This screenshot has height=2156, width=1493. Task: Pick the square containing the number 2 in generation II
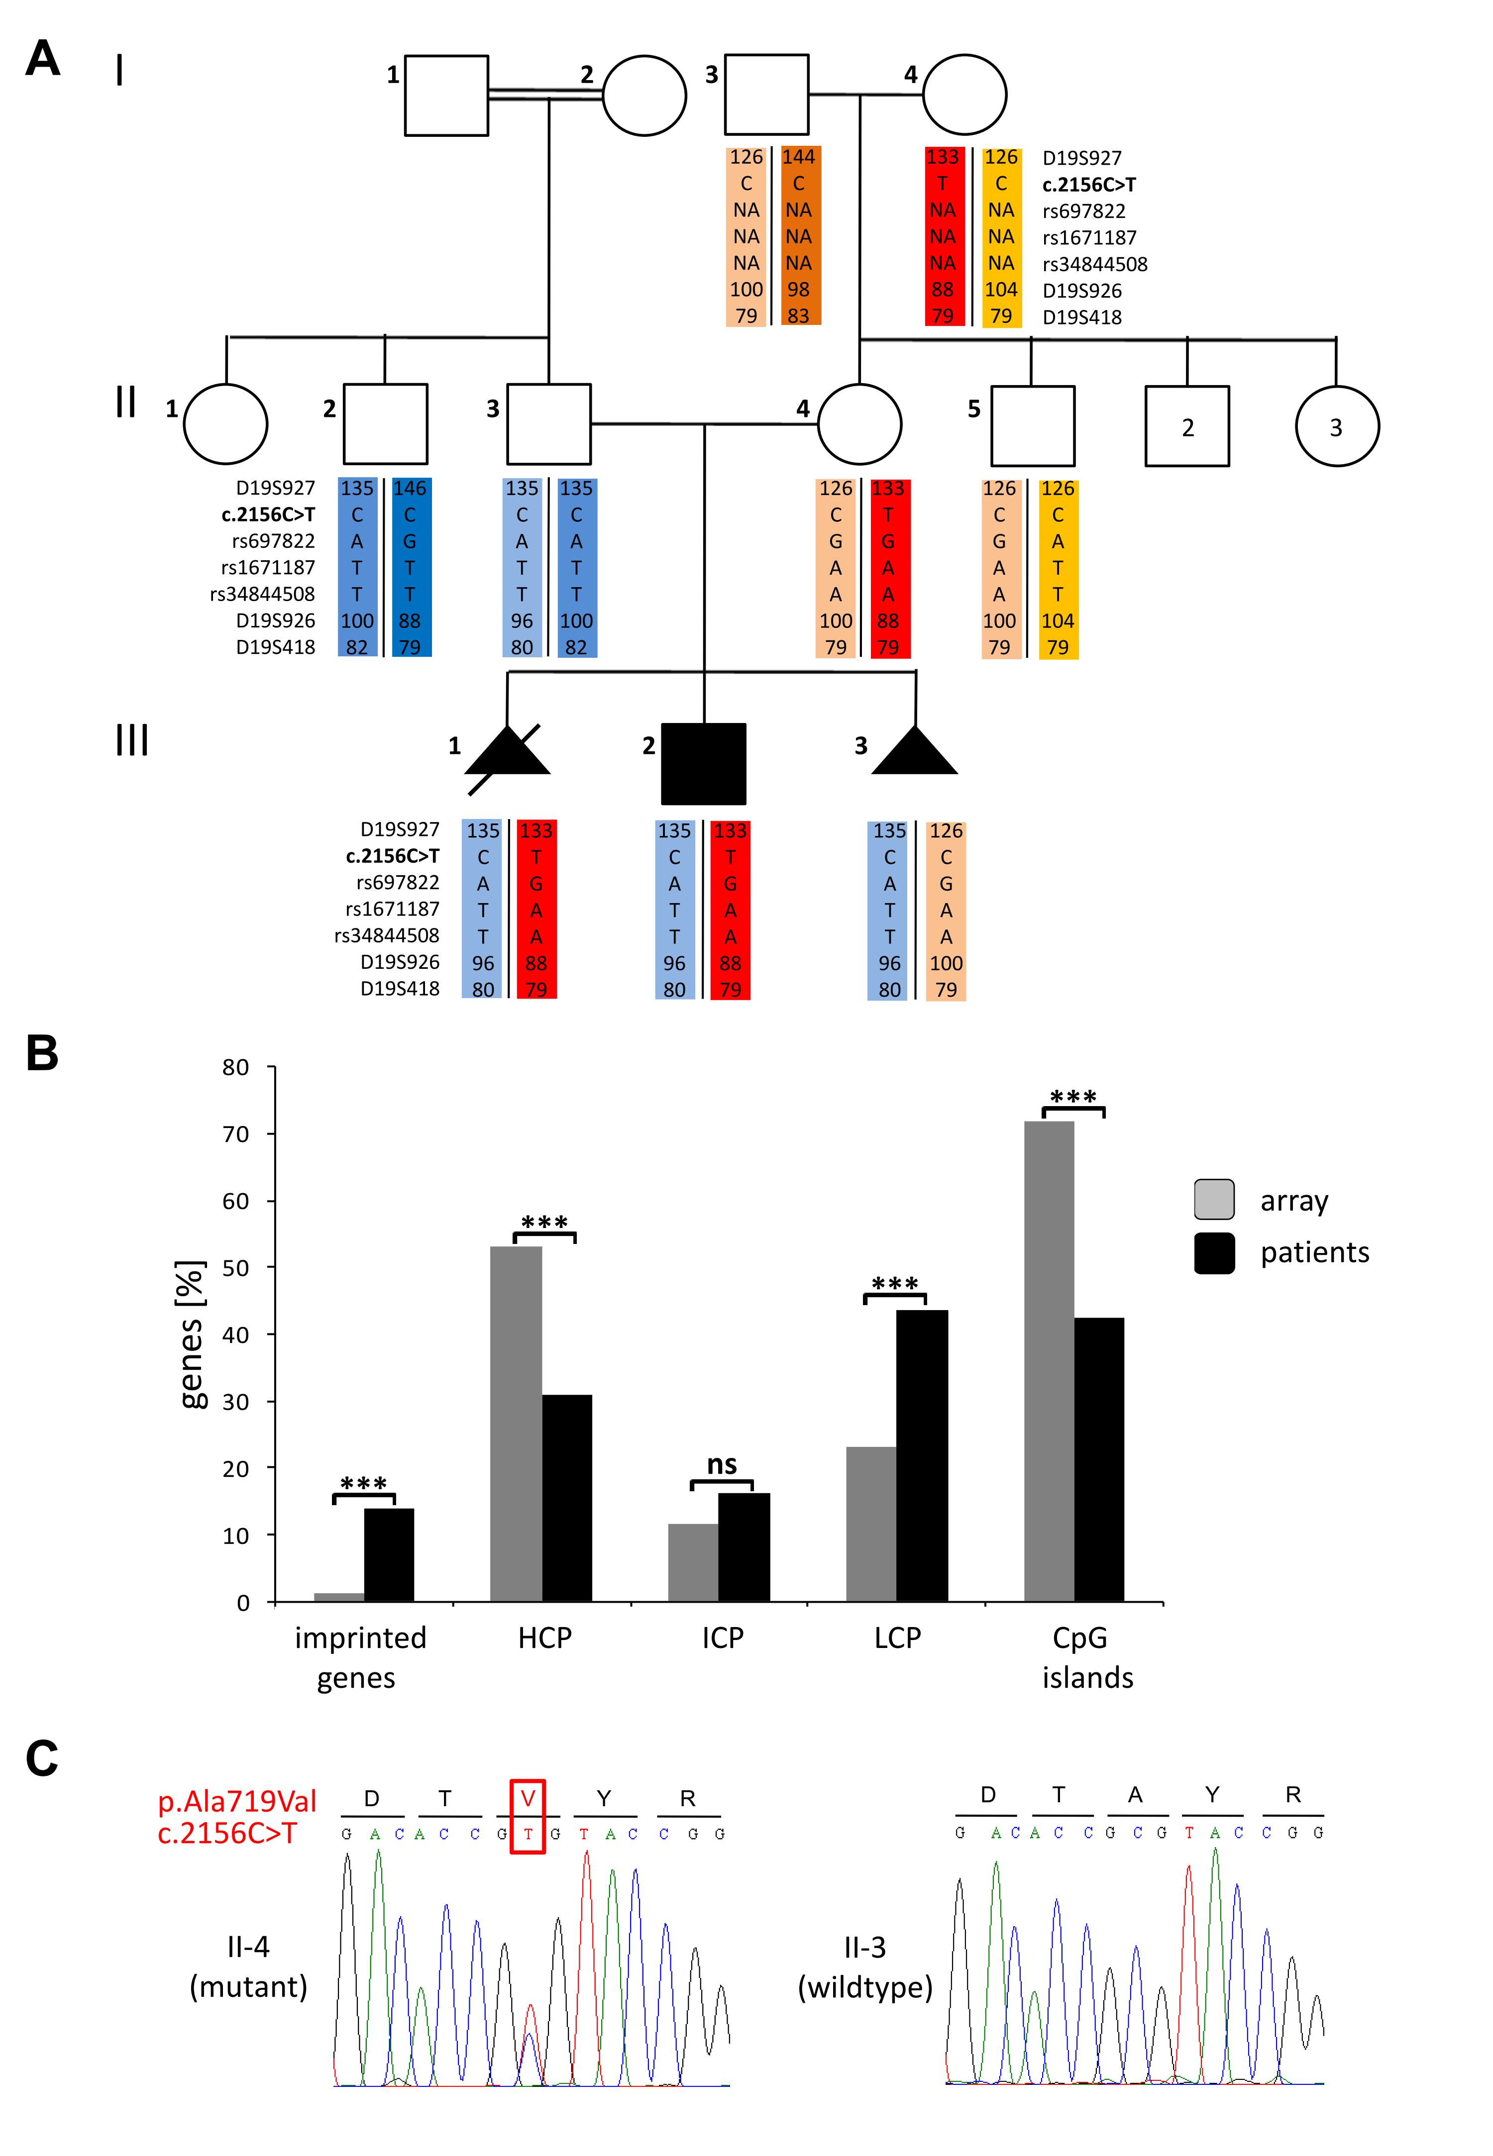coord(1187,426)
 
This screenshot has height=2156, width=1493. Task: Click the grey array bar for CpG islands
coord(1049,1361)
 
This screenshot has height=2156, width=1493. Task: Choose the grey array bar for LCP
coord(871,1525)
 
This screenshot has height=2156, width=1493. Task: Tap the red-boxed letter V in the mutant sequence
coord(528,1798)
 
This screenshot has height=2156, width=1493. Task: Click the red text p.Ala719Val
coord(237,1801)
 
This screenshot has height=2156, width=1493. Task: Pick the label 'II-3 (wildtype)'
coord(864,1967)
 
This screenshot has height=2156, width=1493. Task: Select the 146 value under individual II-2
coord(410,488)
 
